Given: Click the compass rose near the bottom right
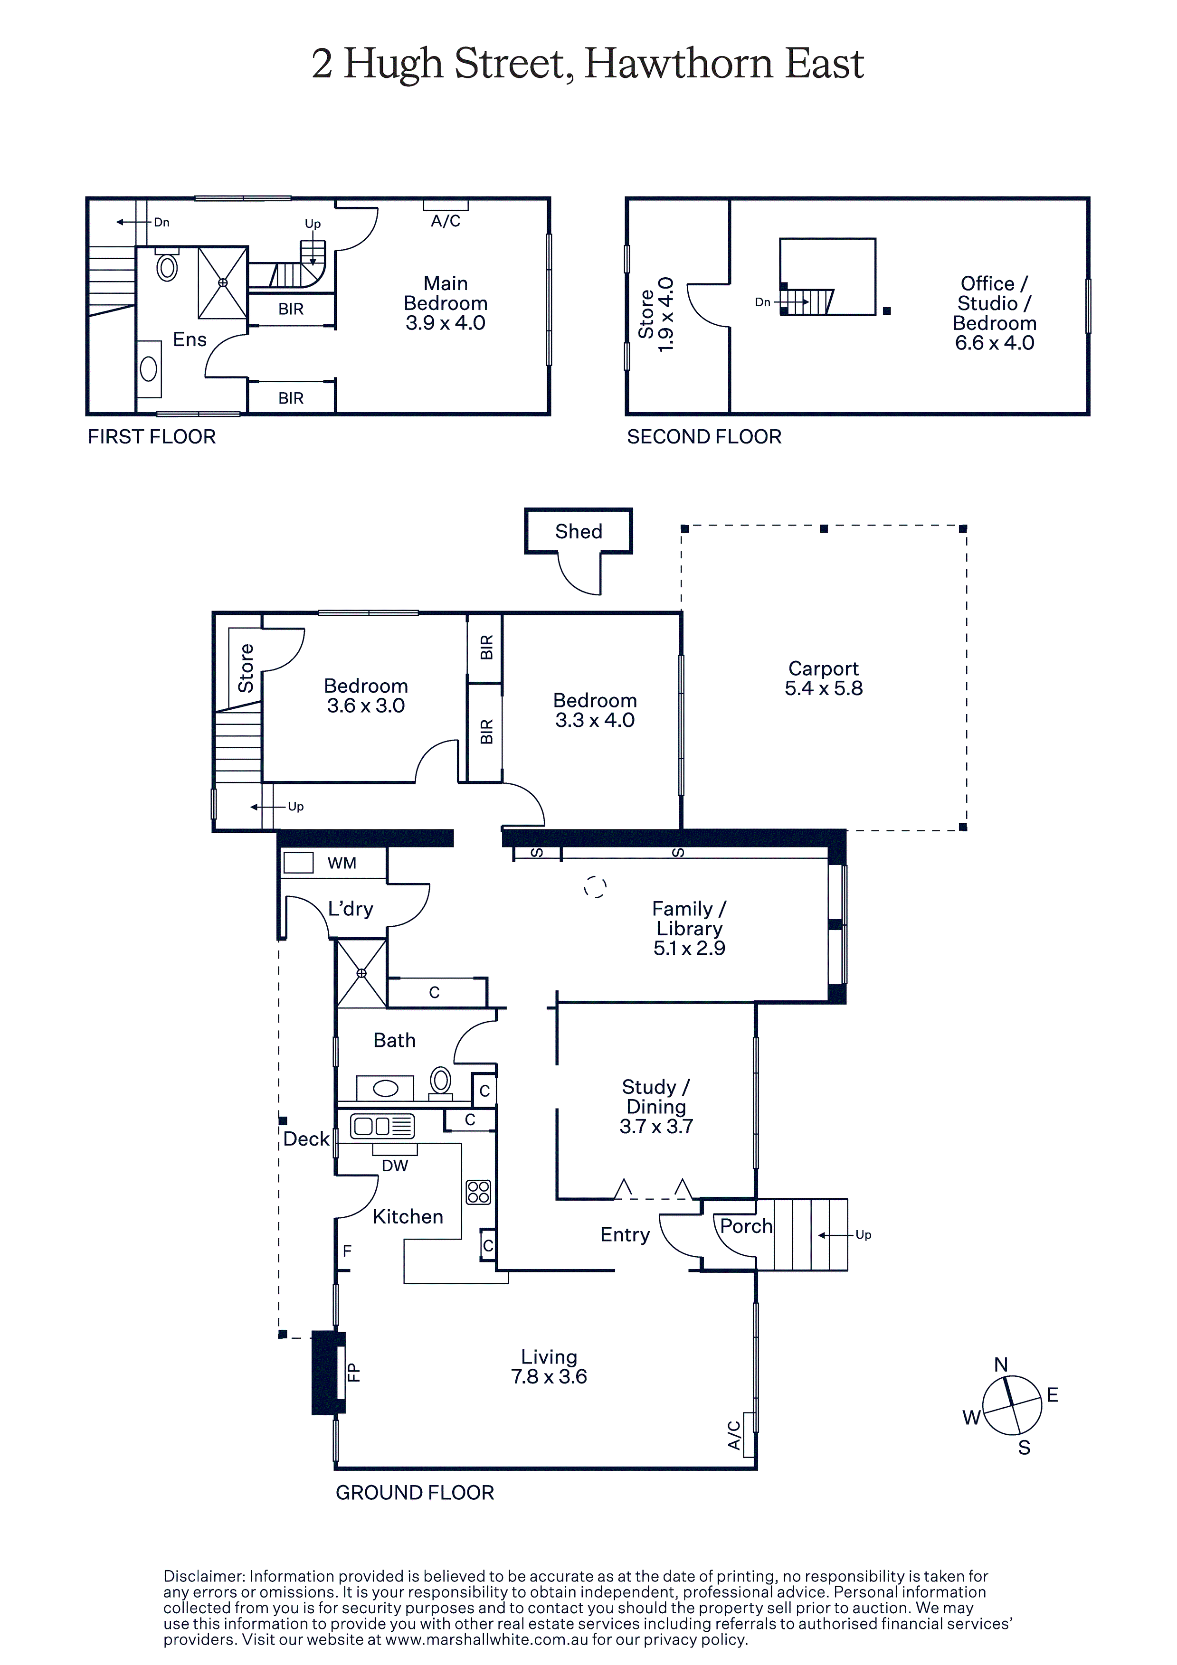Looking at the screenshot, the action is point(1012,1405).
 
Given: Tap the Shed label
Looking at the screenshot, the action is point(579,532).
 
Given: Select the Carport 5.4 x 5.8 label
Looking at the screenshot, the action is point(824,678).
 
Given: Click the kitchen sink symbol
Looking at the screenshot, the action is point(382,1126).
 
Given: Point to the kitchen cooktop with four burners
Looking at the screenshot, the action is point(479,1192).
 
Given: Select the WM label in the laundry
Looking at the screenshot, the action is point(342,863).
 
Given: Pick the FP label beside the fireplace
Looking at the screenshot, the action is point(353,1372).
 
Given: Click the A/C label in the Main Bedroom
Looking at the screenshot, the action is point(446,221).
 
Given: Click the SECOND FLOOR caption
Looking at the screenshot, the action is point(704,437).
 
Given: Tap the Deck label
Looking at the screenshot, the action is point(306,1139).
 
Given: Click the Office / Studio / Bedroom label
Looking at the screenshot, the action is point(994,313).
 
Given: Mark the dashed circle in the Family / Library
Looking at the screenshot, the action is point(595,887).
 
